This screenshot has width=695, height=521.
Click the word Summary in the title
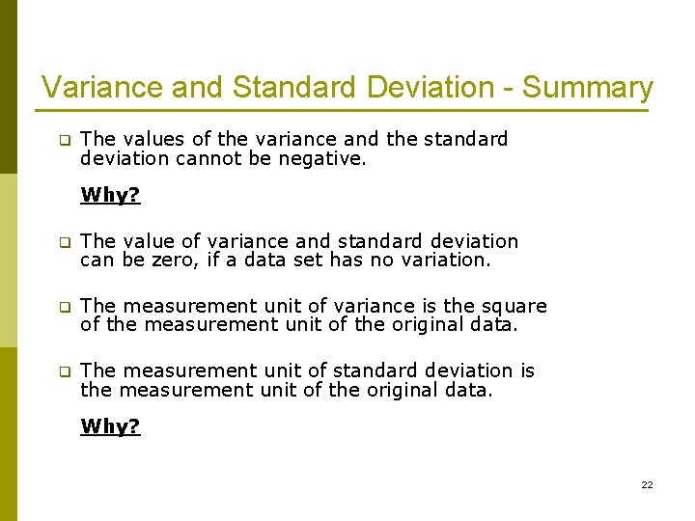(x=588, y=88)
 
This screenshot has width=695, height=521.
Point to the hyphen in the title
(x=509, y=89)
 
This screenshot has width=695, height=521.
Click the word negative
(x=322, y=158)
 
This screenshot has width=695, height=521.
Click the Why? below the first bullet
(x=110, y=195)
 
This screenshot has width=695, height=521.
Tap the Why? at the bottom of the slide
(x=110, y=426)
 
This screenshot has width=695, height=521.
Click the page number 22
(x=647, y=484)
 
